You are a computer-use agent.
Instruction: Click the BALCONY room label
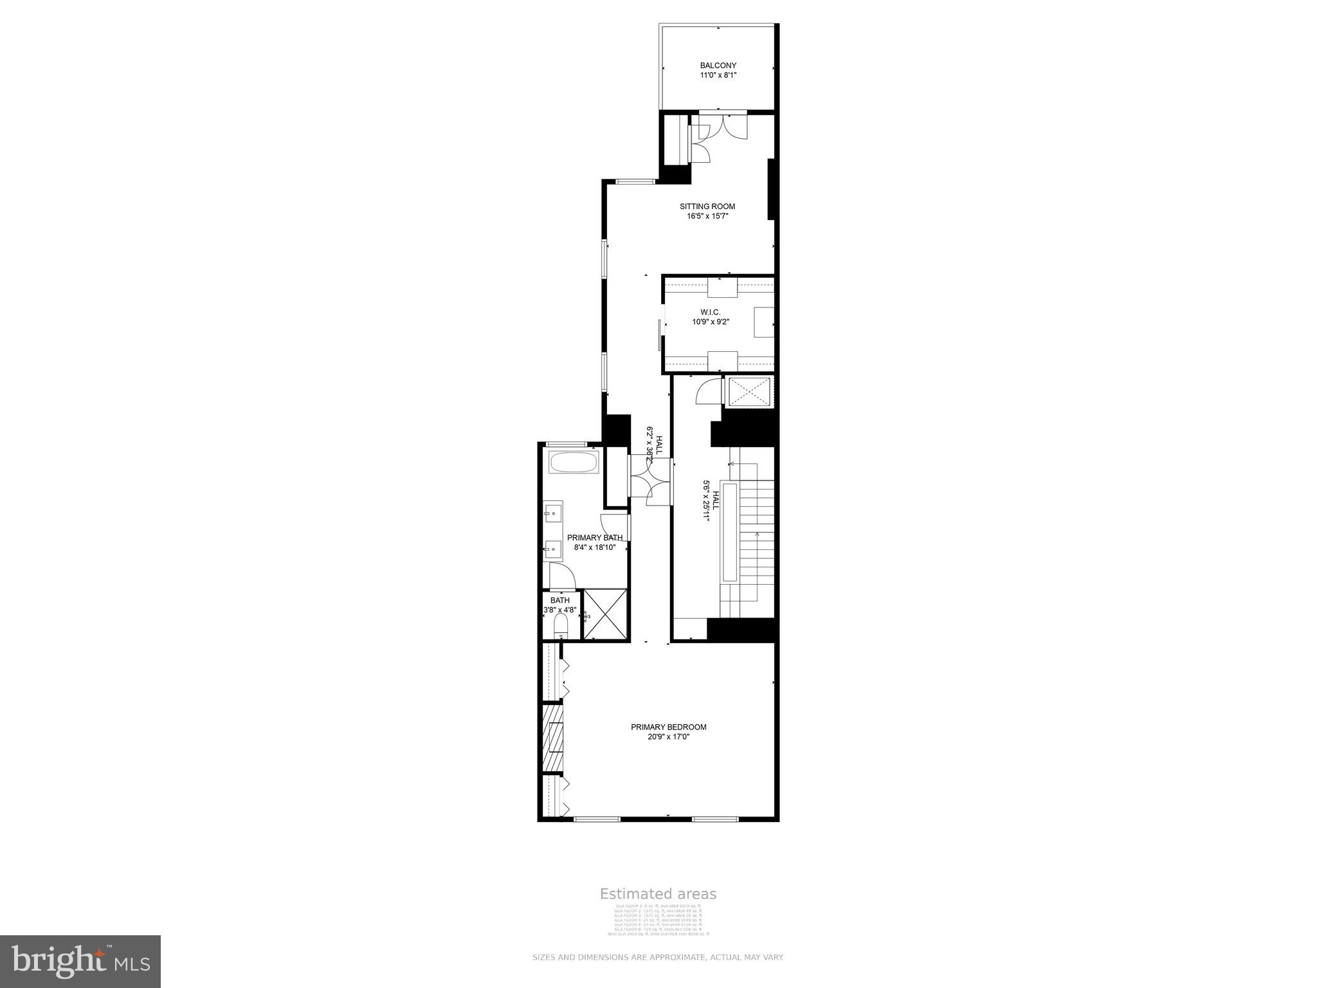[718, 66]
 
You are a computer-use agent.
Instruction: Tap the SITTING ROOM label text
[707, 206]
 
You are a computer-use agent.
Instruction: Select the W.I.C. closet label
[710, 312]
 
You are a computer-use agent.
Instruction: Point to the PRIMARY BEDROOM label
[668, 727]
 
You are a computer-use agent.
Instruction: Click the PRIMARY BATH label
[594, 538]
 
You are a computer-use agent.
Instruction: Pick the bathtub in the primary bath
[574, 462]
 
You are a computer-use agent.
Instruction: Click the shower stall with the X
[605, 614]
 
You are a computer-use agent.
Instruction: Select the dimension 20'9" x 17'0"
[668, 737]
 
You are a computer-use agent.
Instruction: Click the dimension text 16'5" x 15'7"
[707, 217]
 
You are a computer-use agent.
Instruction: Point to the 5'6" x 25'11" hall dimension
[707, 504]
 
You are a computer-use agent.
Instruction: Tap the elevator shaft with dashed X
[749, 392]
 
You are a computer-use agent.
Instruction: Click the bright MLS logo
[80, 961]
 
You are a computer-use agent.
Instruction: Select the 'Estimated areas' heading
[658, 894]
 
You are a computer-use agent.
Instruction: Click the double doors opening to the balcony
[723, 125]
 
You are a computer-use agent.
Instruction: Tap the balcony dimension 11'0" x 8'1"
[718, 76]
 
